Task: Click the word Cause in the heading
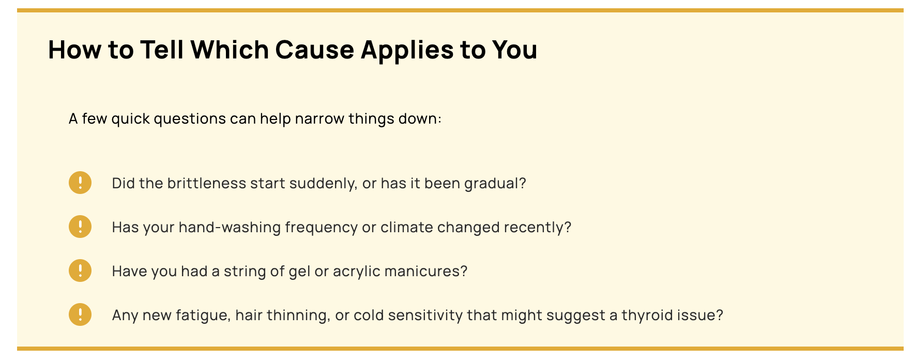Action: click(315, 50)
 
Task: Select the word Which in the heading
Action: click(230, 50)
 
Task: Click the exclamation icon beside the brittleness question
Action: click(80, 183)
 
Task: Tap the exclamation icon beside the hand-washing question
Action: click(80, 227)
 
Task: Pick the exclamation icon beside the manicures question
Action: click(80, 271)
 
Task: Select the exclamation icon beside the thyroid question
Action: click(80, 314)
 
